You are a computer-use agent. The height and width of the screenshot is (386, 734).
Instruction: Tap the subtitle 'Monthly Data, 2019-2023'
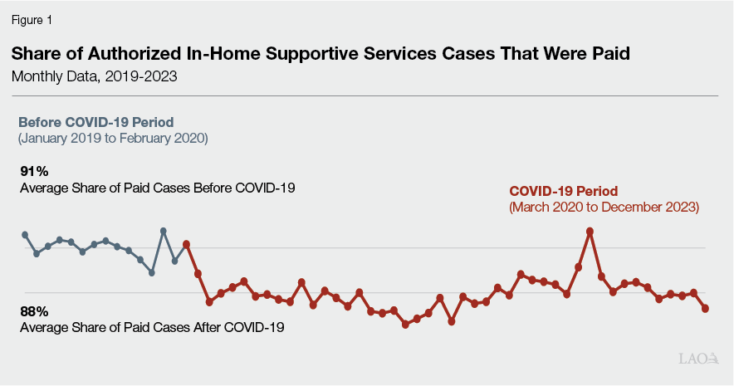94,76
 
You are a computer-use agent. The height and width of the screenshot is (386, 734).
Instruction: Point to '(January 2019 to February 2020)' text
113,137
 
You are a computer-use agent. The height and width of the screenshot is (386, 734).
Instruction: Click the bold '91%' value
35,171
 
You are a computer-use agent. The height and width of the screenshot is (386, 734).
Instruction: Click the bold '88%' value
35,311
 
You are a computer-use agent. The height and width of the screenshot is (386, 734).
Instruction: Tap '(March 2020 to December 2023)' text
604,208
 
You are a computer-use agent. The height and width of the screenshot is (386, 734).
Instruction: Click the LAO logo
698,359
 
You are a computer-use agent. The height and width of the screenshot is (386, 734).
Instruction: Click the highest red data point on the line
590,232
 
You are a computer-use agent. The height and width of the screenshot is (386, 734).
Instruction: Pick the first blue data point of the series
25,235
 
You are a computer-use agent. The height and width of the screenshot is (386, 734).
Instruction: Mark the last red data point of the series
706,309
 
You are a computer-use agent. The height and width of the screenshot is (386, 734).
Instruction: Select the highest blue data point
163,231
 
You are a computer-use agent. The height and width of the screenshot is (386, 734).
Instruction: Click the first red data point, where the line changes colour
186,244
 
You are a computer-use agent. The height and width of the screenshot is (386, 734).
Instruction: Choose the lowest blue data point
152,272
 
